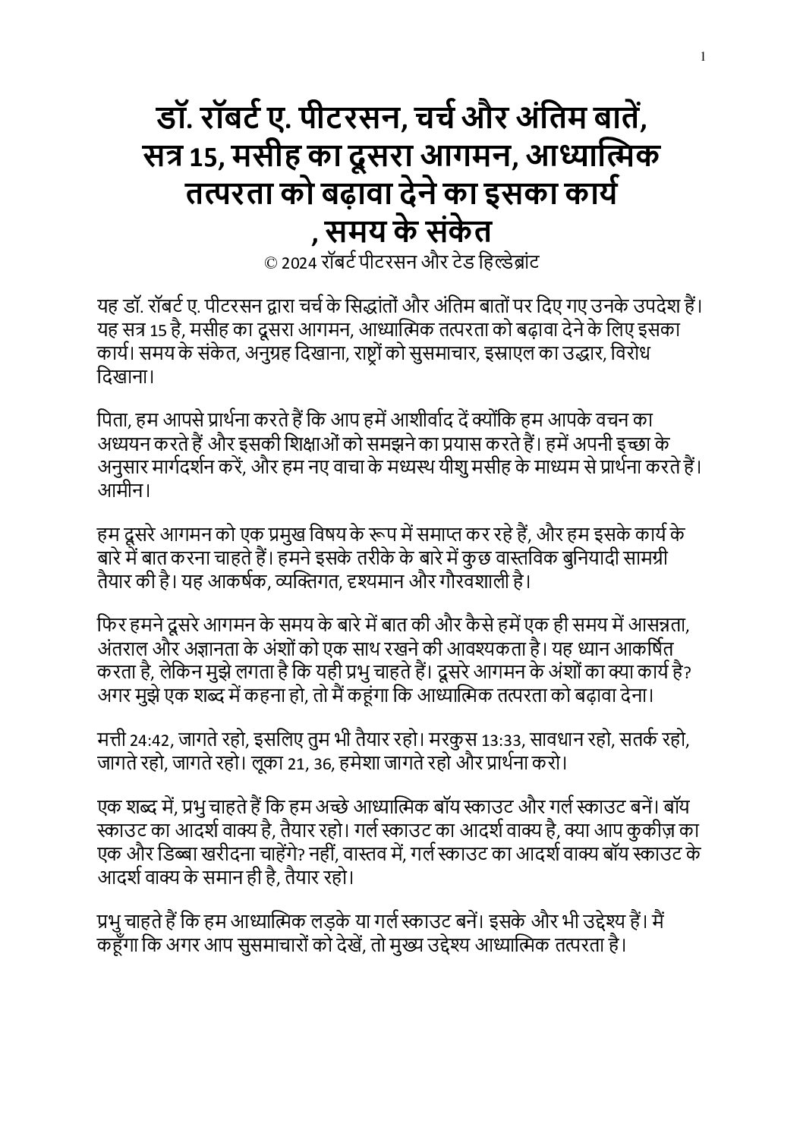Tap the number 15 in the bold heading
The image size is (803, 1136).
(x=204, y=157)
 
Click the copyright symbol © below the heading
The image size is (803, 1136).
(x=269, y=263)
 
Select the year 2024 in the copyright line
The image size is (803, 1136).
(x=296, y=263)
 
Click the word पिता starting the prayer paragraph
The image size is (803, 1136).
(x=112, y=420)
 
